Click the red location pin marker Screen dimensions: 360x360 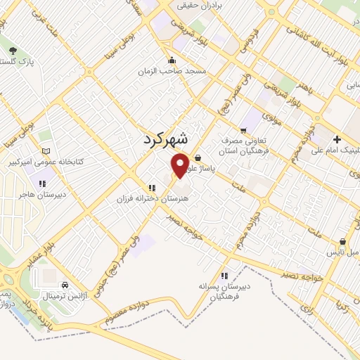181,165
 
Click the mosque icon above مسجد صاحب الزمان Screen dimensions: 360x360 172,60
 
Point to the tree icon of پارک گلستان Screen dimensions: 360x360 13,50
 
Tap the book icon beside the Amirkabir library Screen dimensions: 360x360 46,150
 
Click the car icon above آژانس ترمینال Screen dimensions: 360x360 65,285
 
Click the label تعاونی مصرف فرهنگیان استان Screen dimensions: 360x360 242,146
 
